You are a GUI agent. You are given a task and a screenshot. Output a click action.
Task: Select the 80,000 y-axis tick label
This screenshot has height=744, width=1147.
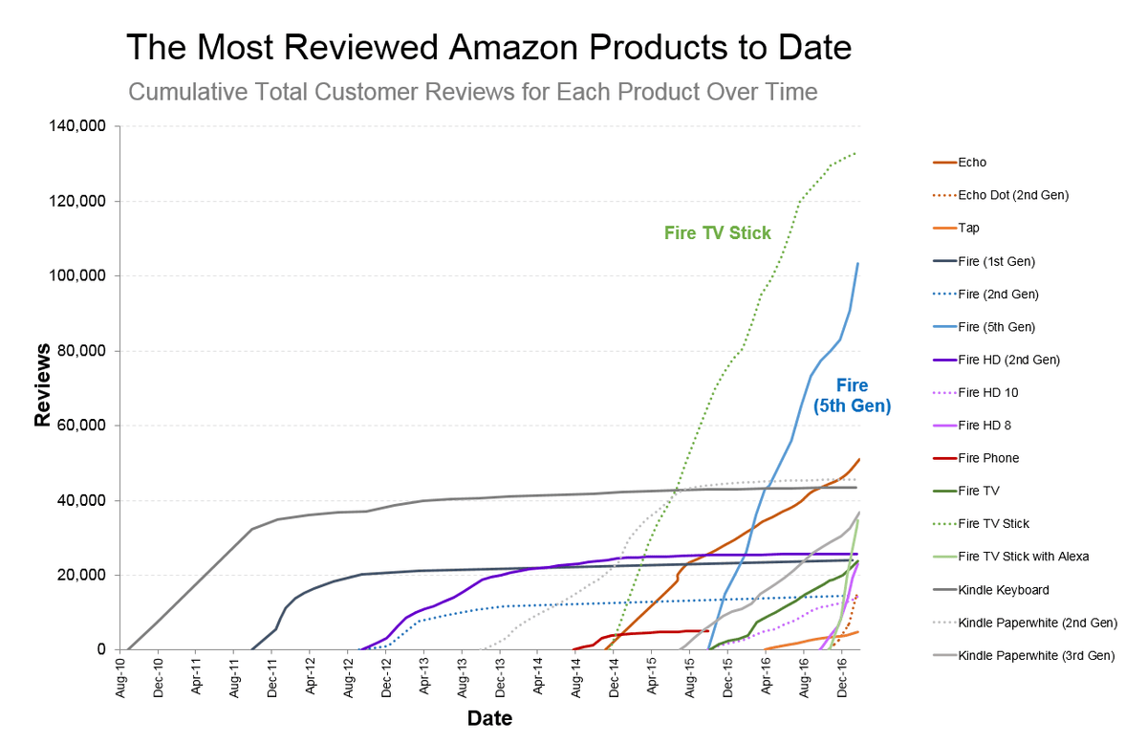coord(82,351)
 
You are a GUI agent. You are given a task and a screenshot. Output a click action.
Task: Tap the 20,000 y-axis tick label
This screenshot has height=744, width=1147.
coord(82,575)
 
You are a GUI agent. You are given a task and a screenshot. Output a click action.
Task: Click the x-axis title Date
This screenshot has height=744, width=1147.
coord(489,718)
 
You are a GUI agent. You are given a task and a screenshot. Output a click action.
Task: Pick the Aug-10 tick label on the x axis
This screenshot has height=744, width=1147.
coord(120,678)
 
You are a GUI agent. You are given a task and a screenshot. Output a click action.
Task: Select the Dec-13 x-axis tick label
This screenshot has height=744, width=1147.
coord(500,678)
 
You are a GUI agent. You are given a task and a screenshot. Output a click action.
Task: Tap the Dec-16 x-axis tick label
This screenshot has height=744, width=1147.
coord(842,678)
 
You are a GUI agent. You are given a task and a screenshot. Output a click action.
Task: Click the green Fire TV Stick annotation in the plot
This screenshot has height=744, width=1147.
coord(717,232)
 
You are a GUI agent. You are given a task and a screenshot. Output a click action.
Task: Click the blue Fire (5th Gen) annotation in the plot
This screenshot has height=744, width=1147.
coord(852,396)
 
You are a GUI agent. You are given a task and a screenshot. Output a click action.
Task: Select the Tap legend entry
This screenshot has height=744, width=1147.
coord(968,228)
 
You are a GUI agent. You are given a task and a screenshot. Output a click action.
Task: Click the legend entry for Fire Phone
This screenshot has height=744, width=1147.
coord(988,458)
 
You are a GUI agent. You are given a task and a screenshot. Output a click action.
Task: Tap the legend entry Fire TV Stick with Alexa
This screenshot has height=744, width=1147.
coord(1023,557)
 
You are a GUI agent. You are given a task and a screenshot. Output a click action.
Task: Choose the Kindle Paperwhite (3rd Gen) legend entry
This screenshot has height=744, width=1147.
coord(1036,655)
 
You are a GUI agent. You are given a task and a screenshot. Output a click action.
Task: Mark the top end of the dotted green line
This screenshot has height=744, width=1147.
coord(856,152)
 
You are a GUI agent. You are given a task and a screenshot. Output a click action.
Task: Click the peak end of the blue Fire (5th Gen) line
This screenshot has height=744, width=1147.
coord(858,263)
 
